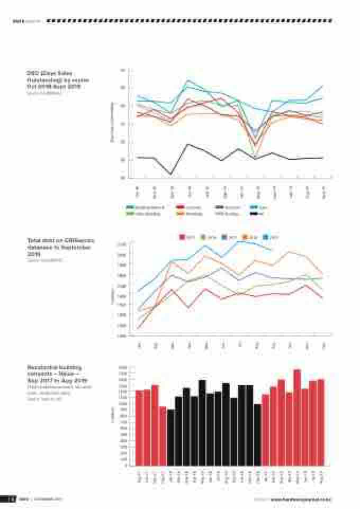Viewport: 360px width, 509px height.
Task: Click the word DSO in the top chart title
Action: (33, 74)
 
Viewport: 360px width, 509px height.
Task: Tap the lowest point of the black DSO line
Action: (171, 174)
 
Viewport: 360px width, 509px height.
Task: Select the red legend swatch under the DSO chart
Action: (181, 207)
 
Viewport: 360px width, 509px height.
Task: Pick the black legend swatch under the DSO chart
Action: (254, 214)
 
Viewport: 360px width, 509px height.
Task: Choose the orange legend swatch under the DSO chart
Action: (181, 214)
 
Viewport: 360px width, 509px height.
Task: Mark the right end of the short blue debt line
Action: (272, 250)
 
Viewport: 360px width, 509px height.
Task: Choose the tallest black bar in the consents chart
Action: (202, 423)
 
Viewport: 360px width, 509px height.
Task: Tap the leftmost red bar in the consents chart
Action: (139, 429)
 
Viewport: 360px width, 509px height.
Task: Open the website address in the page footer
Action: (301, 499)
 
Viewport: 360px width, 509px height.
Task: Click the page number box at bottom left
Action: (9, 499)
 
